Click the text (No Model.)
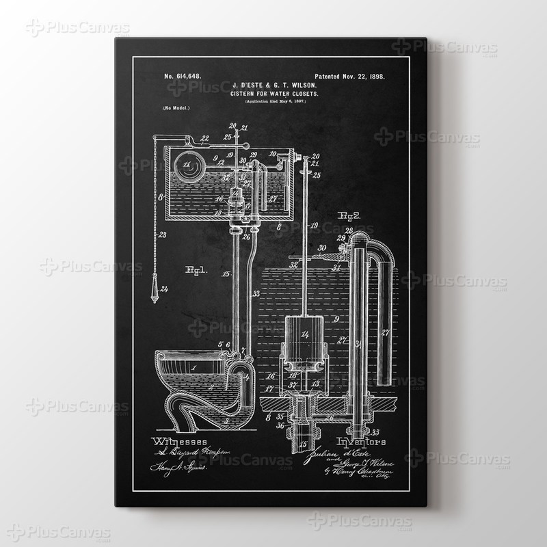(176, 108)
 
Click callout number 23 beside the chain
(162, 235)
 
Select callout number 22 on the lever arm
(186, 137)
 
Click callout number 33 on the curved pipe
(256, 294)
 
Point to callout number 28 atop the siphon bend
(349, 230)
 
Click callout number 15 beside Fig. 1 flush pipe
(226, 273)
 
